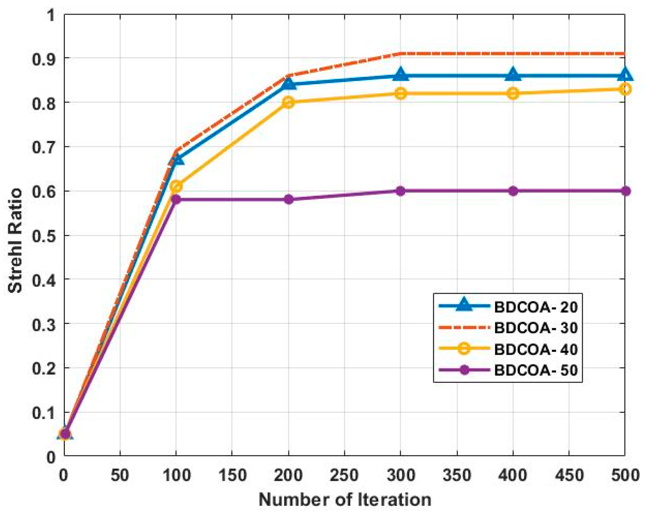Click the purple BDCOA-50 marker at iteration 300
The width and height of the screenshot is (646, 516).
tap(401, 191)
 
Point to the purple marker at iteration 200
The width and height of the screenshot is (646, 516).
tap(288, 199)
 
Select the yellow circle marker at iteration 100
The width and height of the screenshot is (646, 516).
tap(176, 187)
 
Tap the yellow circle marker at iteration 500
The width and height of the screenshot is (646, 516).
tap(625, 89)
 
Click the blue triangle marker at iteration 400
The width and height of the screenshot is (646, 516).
tap(513, 75)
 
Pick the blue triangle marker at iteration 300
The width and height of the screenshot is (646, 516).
tap(401, 75)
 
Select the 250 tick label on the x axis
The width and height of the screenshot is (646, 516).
tap(344, 475)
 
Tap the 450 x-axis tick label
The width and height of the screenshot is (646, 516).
tap(569, 475)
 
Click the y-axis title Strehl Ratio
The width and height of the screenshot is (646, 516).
tap(15, 240)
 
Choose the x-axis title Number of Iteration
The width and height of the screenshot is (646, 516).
tap(345, 499)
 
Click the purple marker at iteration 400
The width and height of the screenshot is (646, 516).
tap(513, 191)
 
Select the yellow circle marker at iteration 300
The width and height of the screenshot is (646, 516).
tap(401, 93)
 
